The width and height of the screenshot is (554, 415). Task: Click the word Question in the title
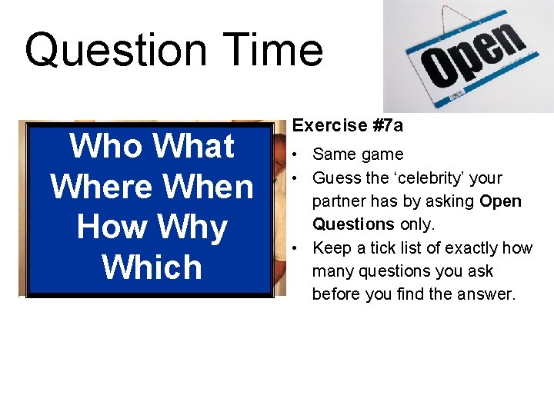pyautogui.click(x=115, y=51)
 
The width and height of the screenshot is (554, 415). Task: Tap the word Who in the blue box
pyautogui.click(x=107, y=146)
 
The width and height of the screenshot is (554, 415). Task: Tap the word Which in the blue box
pyautogui.click(x=152, y=268)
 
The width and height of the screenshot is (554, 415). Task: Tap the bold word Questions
pyautogui.click(x=352, y=224)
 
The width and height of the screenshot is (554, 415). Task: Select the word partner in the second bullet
pyautogui.click(x=338, y=201)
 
